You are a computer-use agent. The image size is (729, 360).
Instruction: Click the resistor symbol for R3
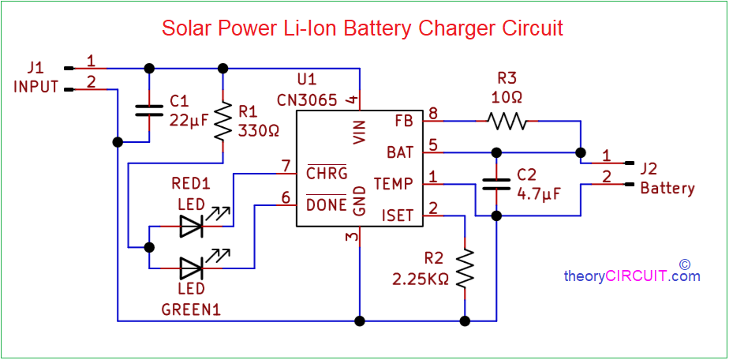pos(506,121)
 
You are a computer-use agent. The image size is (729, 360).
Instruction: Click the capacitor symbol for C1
pos(149,110)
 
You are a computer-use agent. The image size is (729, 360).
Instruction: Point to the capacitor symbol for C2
pos(495,184)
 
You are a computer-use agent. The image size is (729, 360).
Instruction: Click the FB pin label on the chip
pos(403,122)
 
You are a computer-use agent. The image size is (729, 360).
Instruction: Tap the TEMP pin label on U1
pos(393,183)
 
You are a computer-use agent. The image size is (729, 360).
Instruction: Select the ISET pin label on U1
pos(397,214)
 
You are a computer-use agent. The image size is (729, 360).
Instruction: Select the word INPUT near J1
pos(36,87)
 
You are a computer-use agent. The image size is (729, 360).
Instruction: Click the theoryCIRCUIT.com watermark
pos(631,276)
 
